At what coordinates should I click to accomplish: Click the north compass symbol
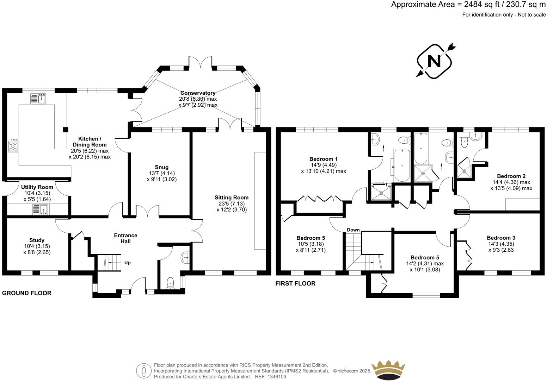point(434,61)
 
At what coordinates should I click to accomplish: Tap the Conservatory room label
point(198,93)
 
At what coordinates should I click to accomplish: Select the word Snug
point(161,167)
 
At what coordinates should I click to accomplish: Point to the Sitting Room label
point(232,197)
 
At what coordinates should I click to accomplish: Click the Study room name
point(37,240)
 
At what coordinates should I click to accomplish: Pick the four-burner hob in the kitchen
point(13,145)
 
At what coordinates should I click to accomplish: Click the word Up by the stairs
point(127,263)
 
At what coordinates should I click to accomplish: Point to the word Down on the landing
point(353,230)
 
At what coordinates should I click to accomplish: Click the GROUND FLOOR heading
point(27,293)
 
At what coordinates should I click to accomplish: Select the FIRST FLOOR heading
point(295,283)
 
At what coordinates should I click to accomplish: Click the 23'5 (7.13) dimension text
point(232,203)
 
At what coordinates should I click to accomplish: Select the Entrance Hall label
point(125,238)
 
